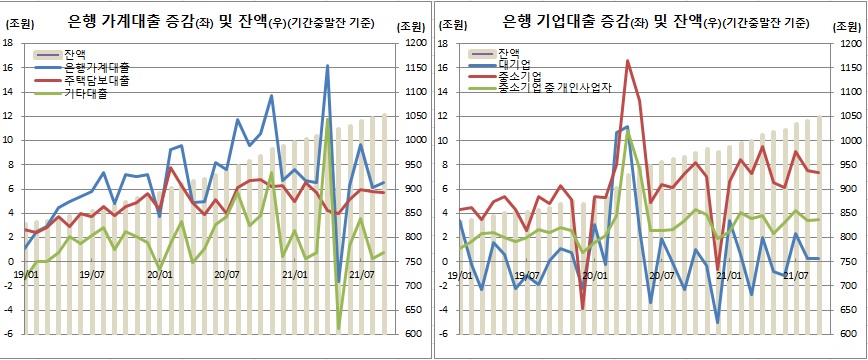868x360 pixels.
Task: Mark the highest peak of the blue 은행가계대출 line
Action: tap(327, 66)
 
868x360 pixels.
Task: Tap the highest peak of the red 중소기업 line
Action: tap(628, 61)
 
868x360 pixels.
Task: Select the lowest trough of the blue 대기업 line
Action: tap(718, 323)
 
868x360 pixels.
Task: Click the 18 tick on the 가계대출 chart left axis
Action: tap(8, 43)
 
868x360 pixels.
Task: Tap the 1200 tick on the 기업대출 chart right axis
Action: tap(849, 43)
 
